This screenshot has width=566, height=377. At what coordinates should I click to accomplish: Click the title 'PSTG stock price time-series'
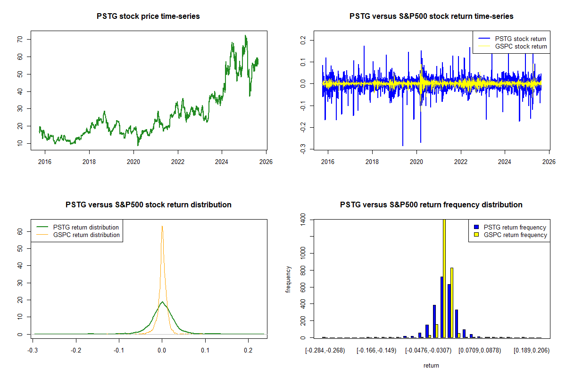click(148, 16)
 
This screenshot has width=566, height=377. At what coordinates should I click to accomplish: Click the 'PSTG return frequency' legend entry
click(515, 227)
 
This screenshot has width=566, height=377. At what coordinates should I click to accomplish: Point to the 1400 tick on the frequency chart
click(302, 220)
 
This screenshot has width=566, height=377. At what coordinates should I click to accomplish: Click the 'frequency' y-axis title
click(289, 279)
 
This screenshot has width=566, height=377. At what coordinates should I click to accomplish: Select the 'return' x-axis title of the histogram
click(431, 365)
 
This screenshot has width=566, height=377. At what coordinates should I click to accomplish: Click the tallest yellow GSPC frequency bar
click(444, 278)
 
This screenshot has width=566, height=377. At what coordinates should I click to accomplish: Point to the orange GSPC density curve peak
click(162, 227)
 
